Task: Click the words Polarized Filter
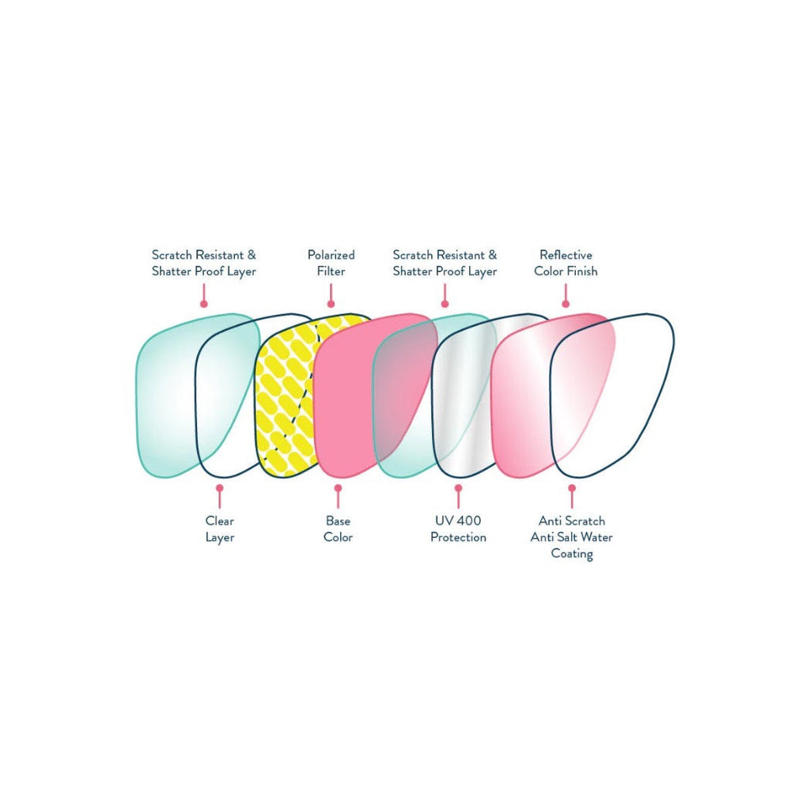(x=331, y=263)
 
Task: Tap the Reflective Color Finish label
(x=566, y=263)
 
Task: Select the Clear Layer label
(x=220, y=529)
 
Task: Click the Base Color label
(x=338, y=529)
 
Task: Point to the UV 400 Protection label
(x=458, y=529)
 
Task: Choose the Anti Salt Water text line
(x=571, y=537)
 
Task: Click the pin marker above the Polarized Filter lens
(x=331, y=297)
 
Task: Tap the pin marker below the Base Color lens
(x=338, y=496)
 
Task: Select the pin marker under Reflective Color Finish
(x=566, y=297)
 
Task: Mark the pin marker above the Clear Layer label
(x=220, y=496)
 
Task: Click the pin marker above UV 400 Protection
(x=458, y=496)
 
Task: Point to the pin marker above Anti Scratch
(x=572, y=496)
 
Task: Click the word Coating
(x=572, y=554)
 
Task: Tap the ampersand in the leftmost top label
(x=251, y=255)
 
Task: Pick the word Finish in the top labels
(x=582, y=271)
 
